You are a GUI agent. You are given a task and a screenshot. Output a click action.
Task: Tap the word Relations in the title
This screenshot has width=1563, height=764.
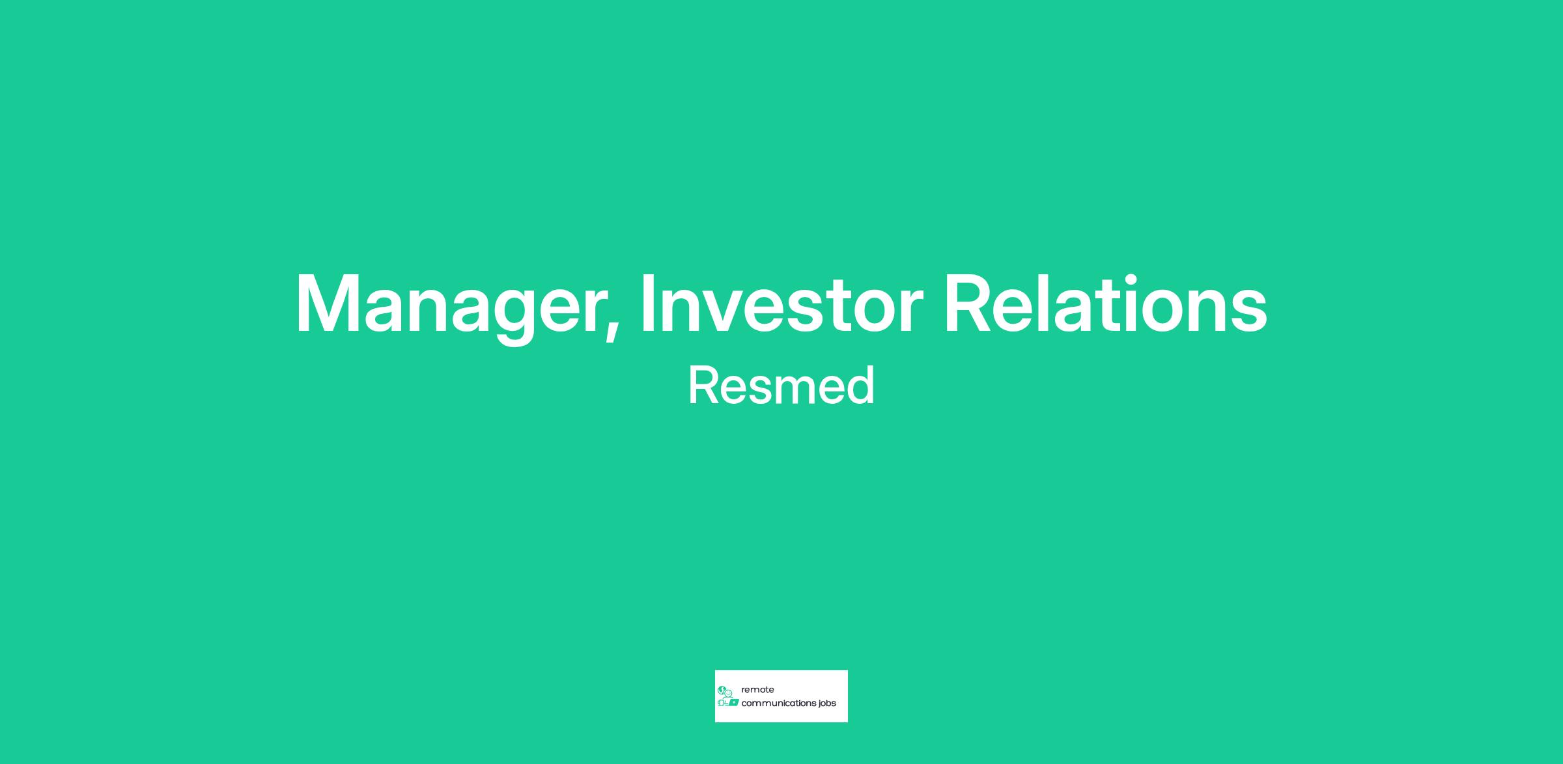[1106, 304]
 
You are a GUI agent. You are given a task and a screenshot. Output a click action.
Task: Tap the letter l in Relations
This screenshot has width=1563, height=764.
[1054, 304]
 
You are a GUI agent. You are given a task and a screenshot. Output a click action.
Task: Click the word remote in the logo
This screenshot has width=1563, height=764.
[757, 690]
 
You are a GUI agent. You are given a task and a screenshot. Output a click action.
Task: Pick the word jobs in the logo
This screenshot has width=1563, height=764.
[826, 704]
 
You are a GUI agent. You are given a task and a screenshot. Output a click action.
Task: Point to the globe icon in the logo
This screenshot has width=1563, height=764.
[722, 690]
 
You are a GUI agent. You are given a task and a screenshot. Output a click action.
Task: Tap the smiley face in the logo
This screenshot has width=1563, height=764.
[729, 693]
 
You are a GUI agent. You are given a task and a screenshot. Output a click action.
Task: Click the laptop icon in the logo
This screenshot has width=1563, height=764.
[733, 703]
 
